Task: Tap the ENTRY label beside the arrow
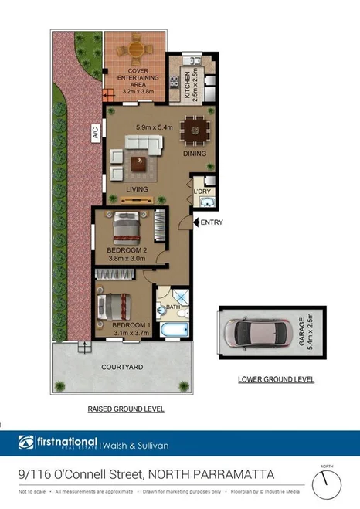pyautogui.click(x=211, y=223)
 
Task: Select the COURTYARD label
pyautogui.click(x=122, y=368)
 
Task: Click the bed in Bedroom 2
pyautogui.click(x=125, y=228)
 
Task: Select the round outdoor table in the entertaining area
pyautogui.click(x=137, y=52)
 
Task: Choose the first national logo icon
pyautogui.click(x=26, y=443)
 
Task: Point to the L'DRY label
pyautogui.click(x=202, y=191)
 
